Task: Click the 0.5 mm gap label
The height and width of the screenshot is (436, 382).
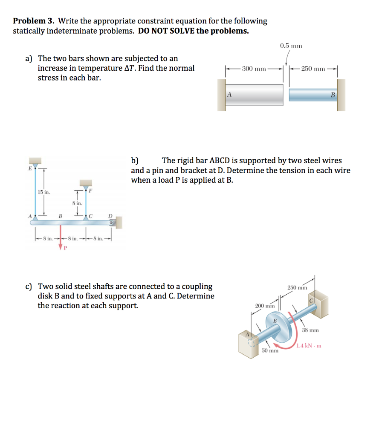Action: [291, 46]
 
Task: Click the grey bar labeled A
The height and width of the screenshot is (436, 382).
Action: [255, 94]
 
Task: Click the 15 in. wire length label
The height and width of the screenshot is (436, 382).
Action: [43, 192]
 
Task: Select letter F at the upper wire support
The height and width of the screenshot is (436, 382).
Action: [90, 191]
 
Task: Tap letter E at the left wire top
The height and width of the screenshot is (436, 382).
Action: [30, 168]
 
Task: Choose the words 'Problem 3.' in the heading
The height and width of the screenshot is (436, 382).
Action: [34, 21]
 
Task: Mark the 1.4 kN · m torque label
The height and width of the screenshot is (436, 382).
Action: [309, 346]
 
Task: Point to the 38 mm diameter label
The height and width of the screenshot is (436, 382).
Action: [310, 330]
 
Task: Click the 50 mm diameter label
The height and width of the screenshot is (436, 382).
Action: [270, 351]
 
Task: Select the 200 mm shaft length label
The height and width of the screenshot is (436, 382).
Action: [264, 306]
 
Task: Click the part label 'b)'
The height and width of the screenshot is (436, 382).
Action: [135, 161]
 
